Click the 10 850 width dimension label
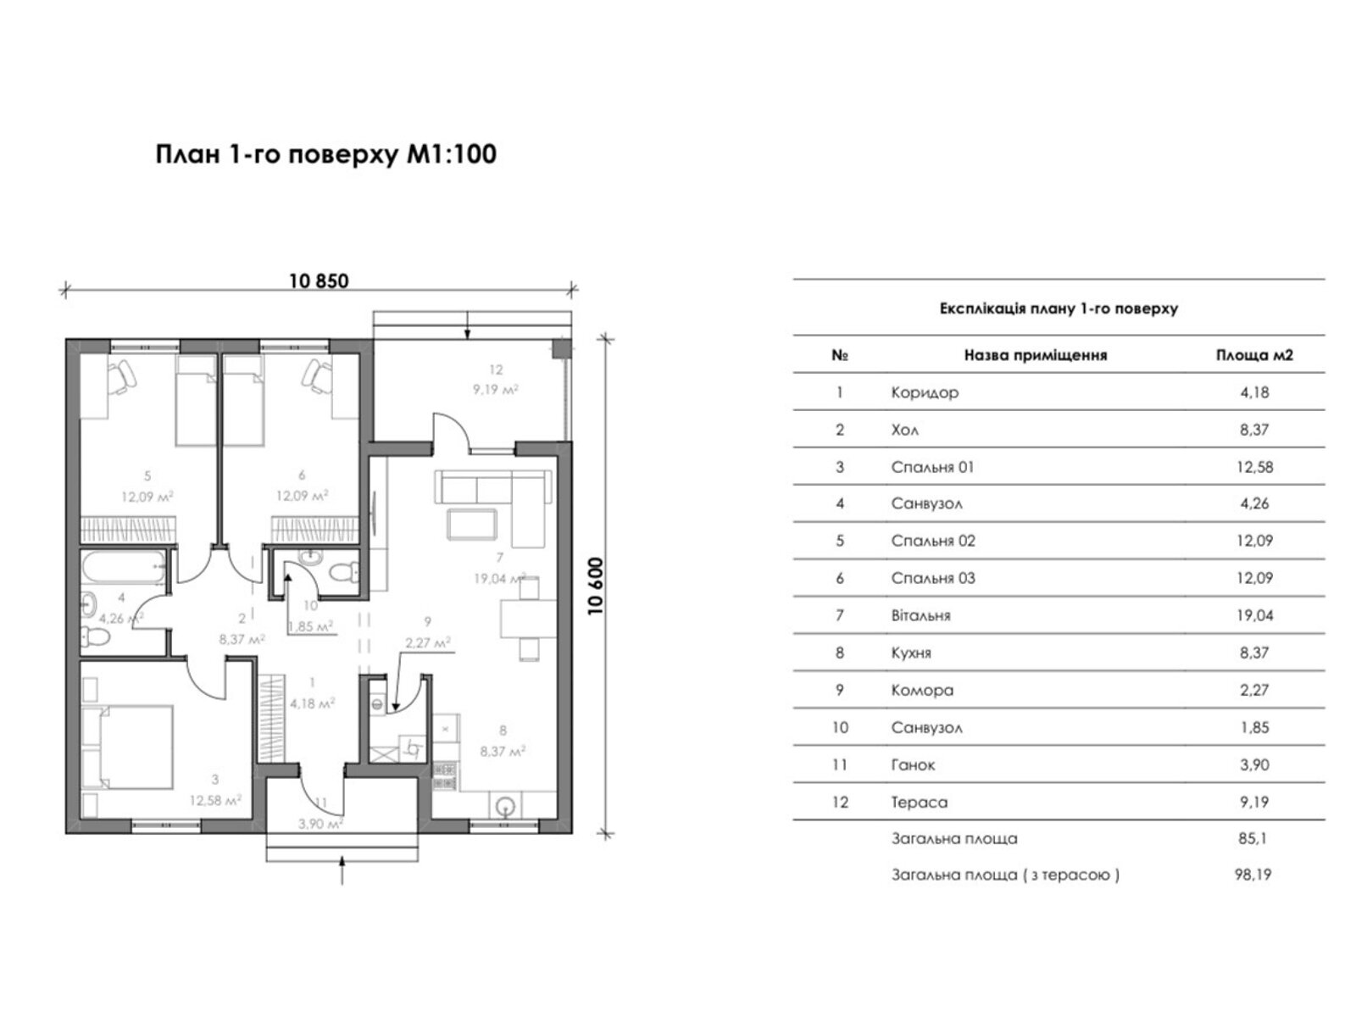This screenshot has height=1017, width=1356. [x=319, y=281]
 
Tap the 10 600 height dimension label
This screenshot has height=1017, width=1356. [x=596, y=586]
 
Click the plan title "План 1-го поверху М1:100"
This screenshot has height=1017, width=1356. [x=325, y=154]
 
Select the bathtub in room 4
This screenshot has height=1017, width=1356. [x=124, y=568]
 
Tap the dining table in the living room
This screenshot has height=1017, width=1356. [x=528, y=619]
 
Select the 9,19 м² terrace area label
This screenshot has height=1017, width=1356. [x=496, y=390]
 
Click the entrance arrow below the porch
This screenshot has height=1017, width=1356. [x=342, y=870]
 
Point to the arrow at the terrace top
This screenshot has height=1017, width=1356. [x=468, y=326]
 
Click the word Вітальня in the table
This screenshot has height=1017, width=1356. [x=920, y=615]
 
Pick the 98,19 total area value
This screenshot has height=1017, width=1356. [x=1253, y=875]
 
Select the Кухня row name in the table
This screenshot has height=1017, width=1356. [x=910, y=653]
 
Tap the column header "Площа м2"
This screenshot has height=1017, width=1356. [x=1254, y=356]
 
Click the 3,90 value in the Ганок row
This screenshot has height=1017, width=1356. [x=1254, y=765]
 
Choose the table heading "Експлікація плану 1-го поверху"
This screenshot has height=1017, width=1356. [x=1059, y=308]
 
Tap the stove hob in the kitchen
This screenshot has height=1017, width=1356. [x=444, y=776]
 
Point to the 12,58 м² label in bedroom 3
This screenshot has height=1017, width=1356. [x=215, y=801]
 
